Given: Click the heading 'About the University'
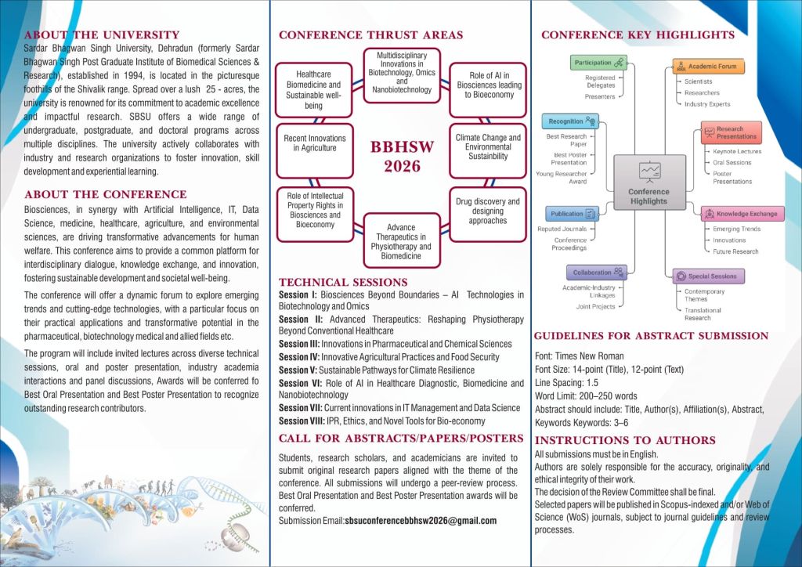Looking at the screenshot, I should coord(102,35).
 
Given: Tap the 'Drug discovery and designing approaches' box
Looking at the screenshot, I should coord(488,211).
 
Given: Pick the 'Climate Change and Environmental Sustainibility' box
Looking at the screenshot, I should coord(488,146).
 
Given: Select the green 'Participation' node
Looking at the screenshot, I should coord(598,63).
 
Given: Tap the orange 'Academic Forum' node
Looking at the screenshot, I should coord(708,67).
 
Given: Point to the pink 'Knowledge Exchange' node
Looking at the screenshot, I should coord(742,213).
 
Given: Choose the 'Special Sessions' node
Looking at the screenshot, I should coord(708,276).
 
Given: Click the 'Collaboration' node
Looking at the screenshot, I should coord(597,273).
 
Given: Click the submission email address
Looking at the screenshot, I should coord(421,521).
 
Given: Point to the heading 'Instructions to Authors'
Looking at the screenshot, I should coord(625,440).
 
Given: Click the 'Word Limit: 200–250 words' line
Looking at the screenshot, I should coord(586,395).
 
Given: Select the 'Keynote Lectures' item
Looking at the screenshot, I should coord(737,151).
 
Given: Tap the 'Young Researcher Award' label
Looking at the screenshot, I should coord(561,178).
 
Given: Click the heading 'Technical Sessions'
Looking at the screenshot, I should coord(343,282).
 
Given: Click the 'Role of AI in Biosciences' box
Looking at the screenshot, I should coord(489,85).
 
